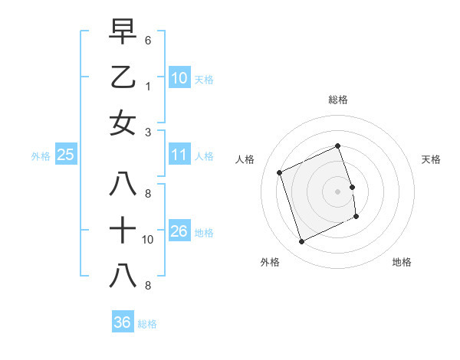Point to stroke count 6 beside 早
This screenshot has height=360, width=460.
click(x=148, y=39)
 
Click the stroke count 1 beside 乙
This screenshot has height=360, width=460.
click(x=148, y=85)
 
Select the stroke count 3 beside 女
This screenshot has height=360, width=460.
click(x=148, y=131)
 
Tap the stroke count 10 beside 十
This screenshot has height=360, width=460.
click(x=148, y=239)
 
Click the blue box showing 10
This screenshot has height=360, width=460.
click(x=179, y=77)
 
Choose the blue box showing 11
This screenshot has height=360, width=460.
click(x=179, y=155)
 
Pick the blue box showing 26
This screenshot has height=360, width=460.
click(x=179, y=231)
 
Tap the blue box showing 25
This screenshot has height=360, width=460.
click(x=66, y=155)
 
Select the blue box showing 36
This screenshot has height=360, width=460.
click(x=123, y=322)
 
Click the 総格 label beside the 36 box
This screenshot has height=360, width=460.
click(x=147, y=324)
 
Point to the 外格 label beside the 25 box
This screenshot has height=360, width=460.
click(x=41, y=156)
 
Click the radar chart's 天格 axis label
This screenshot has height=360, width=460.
click(x=431, y=159)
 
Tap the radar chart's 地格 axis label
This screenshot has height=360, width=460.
click(x=402, y=262)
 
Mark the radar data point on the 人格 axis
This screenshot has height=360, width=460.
click(x=280, y=172)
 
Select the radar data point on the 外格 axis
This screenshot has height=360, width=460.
click(x=302, y=242)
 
